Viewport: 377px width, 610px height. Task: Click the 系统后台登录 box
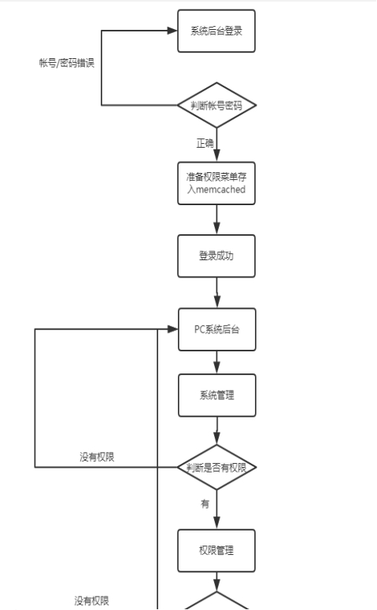pos(216,31)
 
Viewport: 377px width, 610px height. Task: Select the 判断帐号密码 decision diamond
pos(216,105)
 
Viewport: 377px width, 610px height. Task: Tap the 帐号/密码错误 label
pos(67,63)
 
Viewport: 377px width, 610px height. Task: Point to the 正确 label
pos(205,143)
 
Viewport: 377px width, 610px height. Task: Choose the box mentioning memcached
pos(216,183)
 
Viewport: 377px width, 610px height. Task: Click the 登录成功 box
pos(216,256)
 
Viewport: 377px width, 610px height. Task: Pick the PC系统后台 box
pos(217,329)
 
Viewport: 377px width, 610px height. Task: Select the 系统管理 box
pos(217,395)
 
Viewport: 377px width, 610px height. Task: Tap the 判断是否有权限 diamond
pos(216,467)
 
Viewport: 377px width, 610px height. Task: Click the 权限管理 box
pos(216,550)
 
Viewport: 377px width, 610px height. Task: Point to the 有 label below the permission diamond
pos(205,504)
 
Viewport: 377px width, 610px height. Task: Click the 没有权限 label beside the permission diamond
pos(97,457)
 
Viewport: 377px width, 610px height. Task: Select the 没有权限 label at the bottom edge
pos(91,601)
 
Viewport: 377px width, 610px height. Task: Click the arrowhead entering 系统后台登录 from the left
pos(172,31)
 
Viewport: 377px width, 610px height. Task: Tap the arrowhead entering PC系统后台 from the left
pos(173,329)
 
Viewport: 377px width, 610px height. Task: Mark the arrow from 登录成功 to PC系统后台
pos(217,292)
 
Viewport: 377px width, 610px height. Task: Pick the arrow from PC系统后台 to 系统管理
pos(217,362)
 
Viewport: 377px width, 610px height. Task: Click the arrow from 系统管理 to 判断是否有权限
pos(217,431)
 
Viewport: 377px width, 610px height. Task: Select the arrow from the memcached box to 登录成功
pos(216,219)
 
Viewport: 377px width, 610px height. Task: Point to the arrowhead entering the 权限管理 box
pos(216,524)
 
